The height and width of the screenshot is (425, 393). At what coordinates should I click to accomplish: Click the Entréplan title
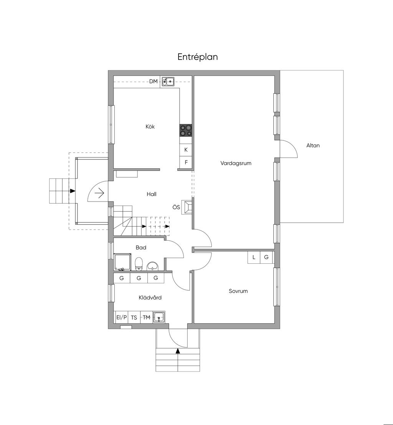(x=198, y=57)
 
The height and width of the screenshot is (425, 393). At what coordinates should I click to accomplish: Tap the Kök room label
(x=150, y=126)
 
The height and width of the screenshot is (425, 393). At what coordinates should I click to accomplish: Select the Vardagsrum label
(x=236, y=163)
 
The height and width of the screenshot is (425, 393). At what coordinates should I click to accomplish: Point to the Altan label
(x=313, y=145)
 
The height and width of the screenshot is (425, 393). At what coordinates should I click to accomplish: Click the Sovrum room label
(x=238, y=291)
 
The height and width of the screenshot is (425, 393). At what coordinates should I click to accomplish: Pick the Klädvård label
(x=150, y=297)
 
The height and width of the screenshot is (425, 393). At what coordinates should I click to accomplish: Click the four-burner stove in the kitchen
(x=186, y=130)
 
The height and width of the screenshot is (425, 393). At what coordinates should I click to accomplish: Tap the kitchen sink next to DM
(x=168, y=81)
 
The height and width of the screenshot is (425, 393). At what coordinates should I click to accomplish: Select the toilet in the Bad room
(x=139, y=264)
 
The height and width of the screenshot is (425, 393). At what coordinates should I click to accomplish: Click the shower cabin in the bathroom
(x=122, y=262)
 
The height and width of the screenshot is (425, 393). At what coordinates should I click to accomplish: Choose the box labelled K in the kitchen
(x=186, y=150)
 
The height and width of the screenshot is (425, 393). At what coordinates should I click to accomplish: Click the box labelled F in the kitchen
(x=186, y=162)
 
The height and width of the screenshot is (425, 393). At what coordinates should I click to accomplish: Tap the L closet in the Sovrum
(x=254, y=257)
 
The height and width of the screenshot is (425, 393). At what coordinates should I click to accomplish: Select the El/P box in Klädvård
(x=121, y=317)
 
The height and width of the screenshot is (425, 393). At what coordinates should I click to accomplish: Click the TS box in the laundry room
(x=134, y=317)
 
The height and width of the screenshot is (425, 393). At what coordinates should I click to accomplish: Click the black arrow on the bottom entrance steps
(x=178, y=351)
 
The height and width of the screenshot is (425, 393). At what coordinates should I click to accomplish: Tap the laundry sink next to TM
(x=159, y=317)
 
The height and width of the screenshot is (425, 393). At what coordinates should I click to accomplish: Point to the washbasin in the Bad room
(x=153, y=266)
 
